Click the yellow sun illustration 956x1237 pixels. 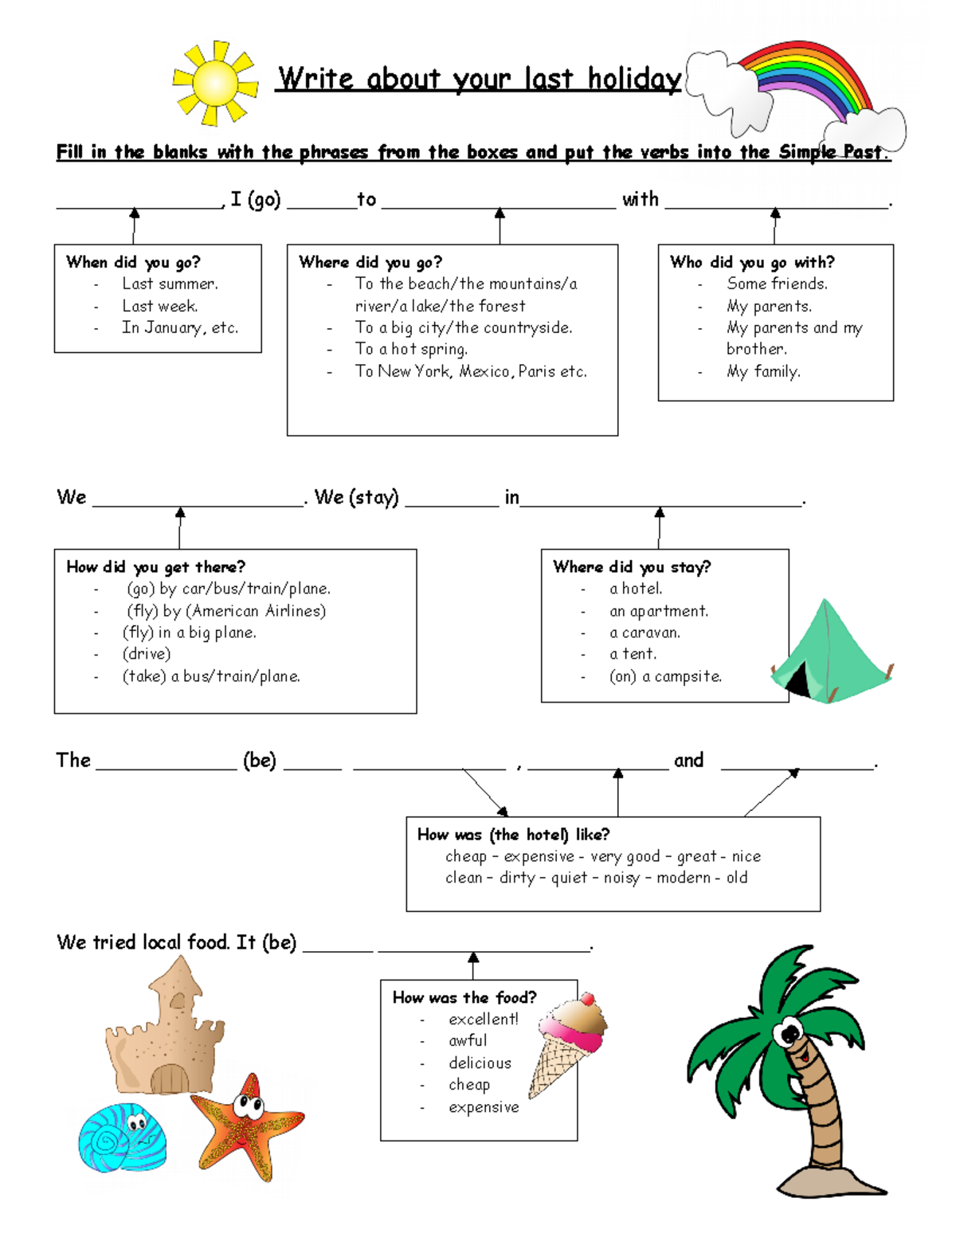click(215, 83)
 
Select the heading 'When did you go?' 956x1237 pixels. click(133, 262)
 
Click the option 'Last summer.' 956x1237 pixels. click(170, 284)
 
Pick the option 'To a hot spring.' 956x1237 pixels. click(411, 349)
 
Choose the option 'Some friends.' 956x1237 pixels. click(777, 284)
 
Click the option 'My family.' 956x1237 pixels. click(763, 371)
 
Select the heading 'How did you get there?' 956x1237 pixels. click(155, 567)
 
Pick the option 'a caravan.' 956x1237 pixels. click(645, 632)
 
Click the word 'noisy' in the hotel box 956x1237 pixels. click(621, 878)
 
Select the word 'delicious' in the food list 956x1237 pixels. click(480, 1063)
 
